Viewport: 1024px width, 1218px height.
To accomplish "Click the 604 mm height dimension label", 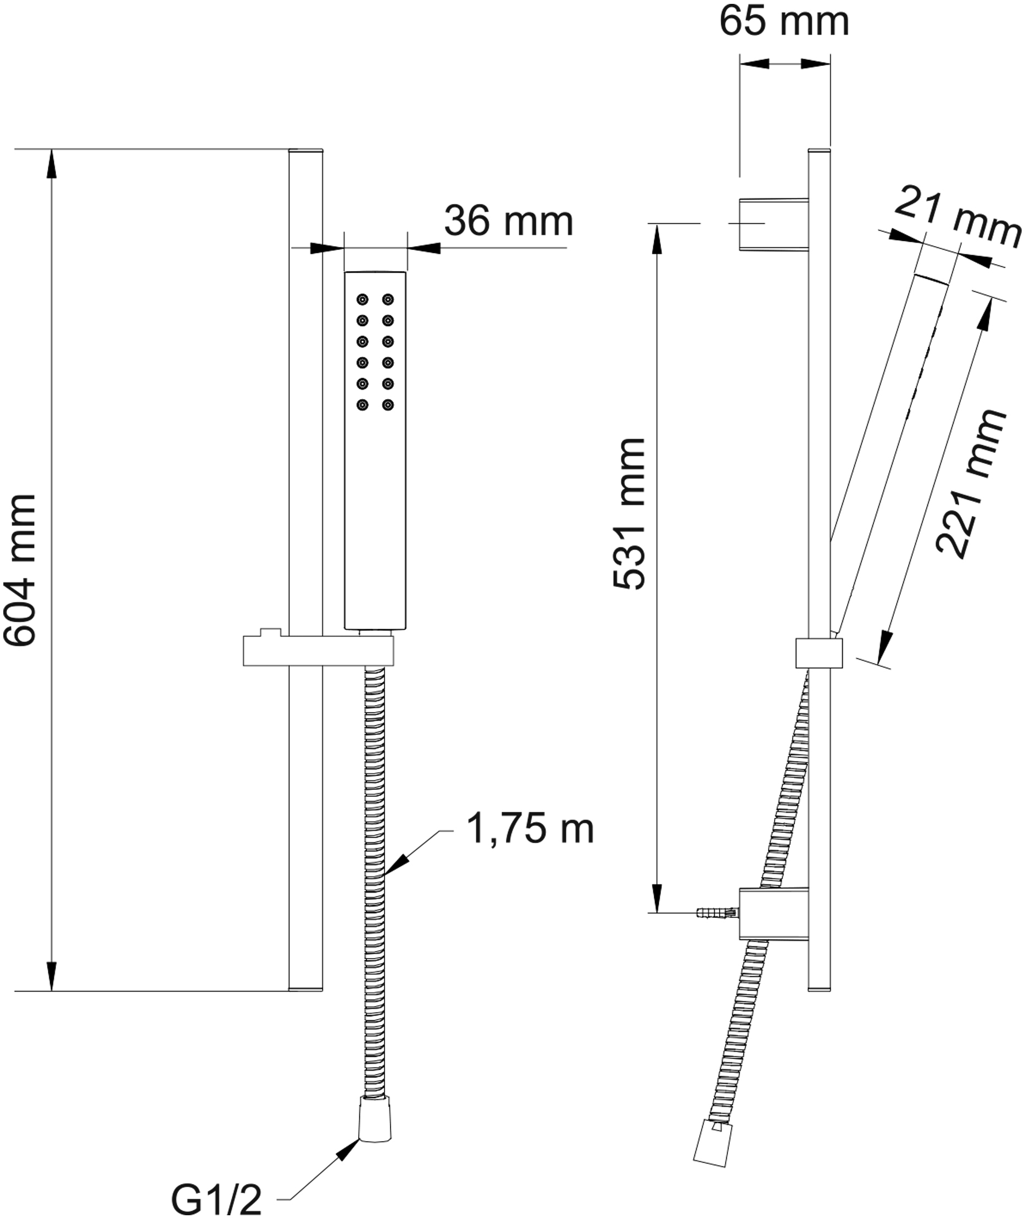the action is click(20, 570).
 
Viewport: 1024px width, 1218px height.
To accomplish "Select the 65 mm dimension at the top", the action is click(784, 22).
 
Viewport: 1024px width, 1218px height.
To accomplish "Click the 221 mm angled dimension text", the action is click(971, 483).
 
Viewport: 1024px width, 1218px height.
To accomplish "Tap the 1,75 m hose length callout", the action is click(530, 829).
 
